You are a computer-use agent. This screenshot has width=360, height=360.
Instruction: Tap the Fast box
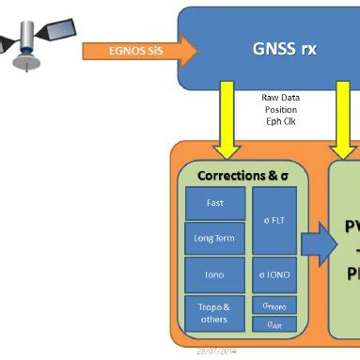213,202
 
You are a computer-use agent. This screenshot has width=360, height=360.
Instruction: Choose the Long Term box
213,238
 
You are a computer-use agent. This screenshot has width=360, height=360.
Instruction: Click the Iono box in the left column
213,274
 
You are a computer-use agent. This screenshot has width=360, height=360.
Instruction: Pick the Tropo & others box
213,311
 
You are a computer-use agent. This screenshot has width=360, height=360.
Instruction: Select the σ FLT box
274,221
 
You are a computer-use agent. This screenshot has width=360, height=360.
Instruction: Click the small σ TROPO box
274,305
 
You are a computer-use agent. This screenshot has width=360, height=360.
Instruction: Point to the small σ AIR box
274,324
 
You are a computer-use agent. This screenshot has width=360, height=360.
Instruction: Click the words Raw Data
281,97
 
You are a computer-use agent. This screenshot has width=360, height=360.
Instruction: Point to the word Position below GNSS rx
281,108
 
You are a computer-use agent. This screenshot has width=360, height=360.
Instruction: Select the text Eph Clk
281,119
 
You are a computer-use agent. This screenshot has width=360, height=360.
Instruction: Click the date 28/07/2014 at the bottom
215,352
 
